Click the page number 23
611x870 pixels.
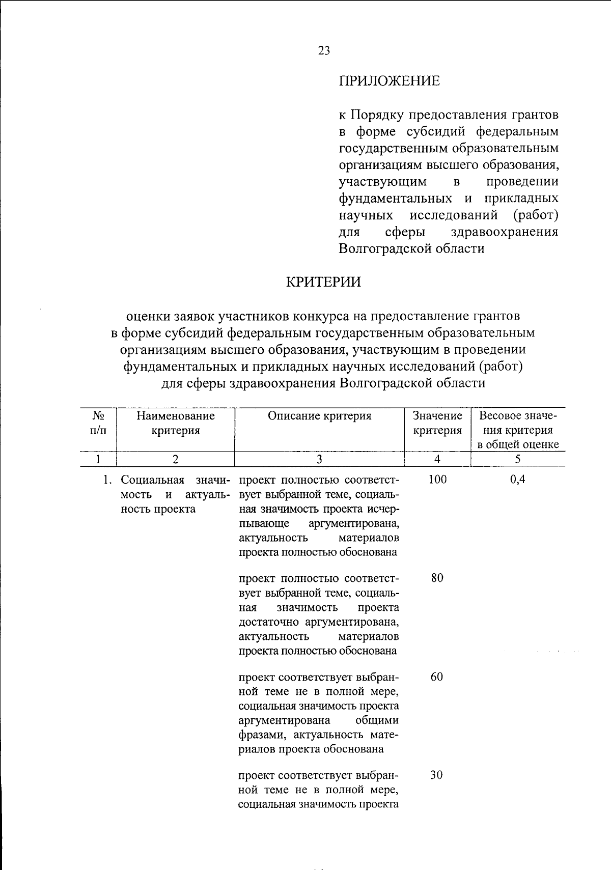324,50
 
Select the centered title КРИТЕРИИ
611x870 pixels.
323,282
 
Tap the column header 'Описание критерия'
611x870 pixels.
319,416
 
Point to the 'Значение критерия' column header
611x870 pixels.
437,423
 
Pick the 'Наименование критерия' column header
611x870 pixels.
175,423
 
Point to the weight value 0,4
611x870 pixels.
517,479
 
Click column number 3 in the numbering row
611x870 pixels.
319,459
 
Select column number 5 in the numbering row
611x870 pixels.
517,459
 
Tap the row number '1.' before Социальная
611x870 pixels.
106,480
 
